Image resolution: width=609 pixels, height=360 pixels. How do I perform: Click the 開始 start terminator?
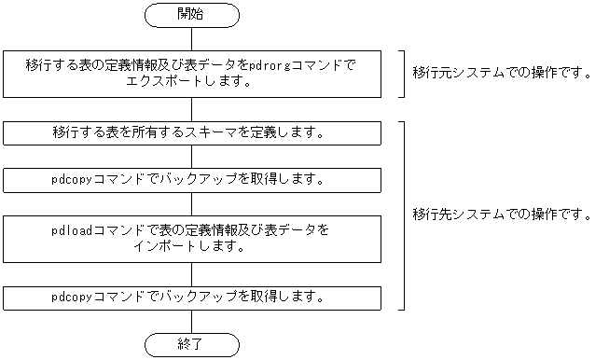pos(192,15)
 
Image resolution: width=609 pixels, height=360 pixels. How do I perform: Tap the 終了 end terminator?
pos(192,345)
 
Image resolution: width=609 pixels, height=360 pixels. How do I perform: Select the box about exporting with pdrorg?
pos(192,73)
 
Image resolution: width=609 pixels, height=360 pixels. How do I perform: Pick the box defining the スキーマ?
pos(192,132)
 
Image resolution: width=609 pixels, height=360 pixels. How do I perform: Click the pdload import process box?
pos(192,239)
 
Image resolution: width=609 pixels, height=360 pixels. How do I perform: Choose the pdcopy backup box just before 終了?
pos(192,298)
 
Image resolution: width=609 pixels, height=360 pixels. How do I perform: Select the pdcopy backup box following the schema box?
pos(192,179)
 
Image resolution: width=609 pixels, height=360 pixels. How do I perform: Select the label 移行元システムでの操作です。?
pos(503,73)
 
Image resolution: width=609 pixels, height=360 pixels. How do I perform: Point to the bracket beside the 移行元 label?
pos(402,73)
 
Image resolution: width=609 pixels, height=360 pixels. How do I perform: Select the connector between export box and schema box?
pos(192,108)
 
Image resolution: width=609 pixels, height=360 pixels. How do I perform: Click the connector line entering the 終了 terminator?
pos(192,321)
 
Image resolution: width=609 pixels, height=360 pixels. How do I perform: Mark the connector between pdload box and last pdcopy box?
pos(192,274)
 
